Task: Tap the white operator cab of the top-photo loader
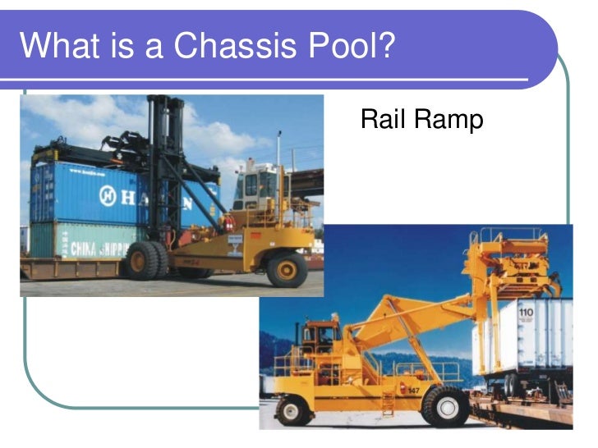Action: [x=256, y=187]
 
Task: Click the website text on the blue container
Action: [x=89, y=172]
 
